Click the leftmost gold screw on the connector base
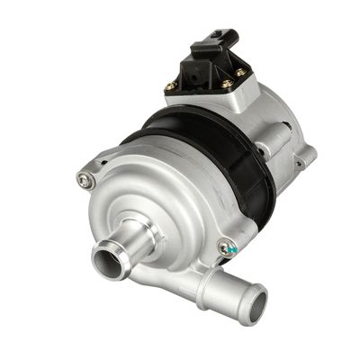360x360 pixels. pyautogui.click(x=171, y=86)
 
